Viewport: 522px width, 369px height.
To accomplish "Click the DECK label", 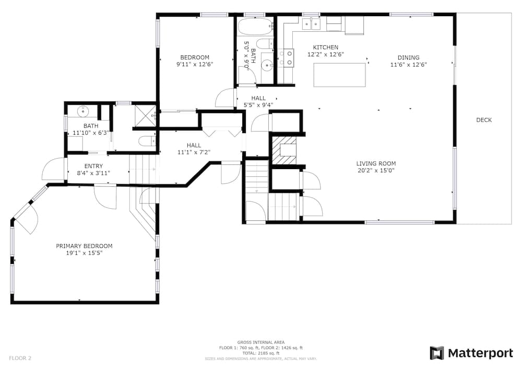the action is pos(484,120).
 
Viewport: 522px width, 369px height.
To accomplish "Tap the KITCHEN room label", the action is pos(326,47).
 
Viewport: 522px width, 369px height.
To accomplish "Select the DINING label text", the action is pos(409,57).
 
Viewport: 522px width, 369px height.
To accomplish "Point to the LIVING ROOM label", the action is pos(376,163).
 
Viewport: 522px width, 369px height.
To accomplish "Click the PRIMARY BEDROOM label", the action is pos(84,246).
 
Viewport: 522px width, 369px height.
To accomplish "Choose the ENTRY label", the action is pos(93,166).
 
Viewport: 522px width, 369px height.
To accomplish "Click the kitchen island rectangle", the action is pos(340,75).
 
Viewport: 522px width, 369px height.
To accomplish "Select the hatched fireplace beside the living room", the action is pos(284,150).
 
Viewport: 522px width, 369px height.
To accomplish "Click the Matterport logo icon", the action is pos(437,353).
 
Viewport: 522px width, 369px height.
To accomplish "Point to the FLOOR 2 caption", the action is pos(20,359).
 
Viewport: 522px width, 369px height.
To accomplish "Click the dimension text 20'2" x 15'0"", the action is pos(376,171).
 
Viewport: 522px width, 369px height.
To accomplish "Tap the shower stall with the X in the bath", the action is pos(145,116).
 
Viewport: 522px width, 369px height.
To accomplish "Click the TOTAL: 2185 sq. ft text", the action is pos(260,353).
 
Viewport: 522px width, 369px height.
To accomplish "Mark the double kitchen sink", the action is pos(311,24).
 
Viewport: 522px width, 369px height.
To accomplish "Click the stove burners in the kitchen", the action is pos(286,57).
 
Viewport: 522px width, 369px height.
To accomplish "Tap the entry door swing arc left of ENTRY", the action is pos(53,169).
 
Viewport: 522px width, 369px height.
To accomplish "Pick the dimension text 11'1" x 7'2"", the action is pos(194,152).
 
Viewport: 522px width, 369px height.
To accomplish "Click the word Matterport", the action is pos(480,353).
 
